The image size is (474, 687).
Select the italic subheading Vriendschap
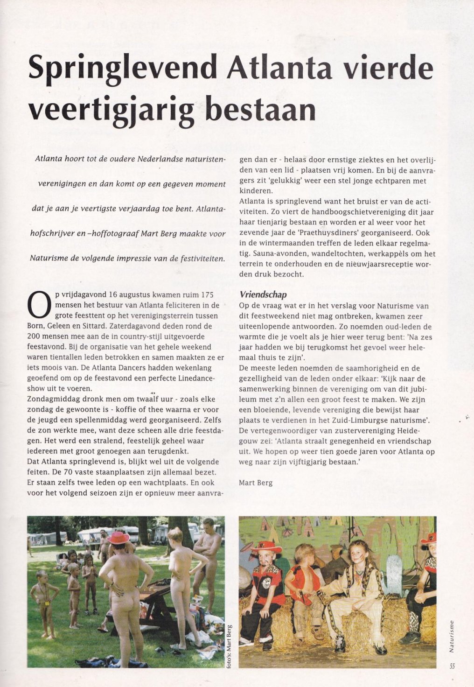coord(263,294)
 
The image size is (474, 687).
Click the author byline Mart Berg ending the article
coord(255,482)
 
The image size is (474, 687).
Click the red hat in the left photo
coord(118,538)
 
